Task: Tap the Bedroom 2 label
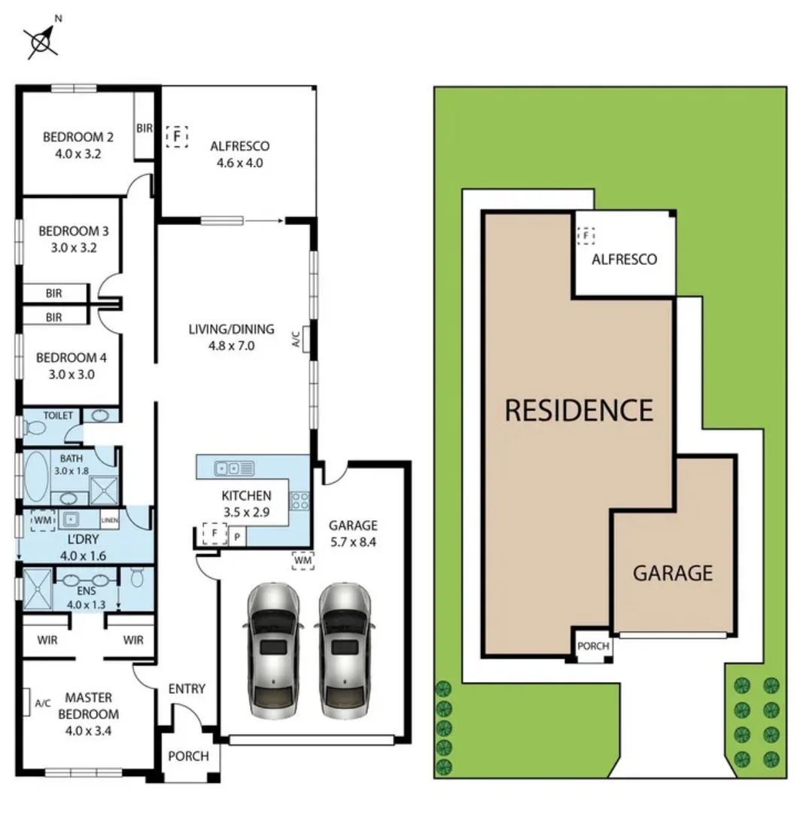78,137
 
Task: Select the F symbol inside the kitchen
214,534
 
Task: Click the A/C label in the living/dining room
296,340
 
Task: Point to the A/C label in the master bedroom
43,703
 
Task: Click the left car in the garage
272,650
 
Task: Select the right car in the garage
344,650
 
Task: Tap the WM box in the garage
303,561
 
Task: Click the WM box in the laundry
43,520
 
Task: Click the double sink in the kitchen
228,467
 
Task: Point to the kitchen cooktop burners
299,500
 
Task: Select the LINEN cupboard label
110,519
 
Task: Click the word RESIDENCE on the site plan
578,410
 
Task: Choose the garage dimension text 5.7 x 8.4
351,540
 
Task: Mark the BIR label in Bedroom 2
144,129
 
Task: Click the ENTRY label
186,688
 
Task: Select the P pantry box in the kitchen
236,536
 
